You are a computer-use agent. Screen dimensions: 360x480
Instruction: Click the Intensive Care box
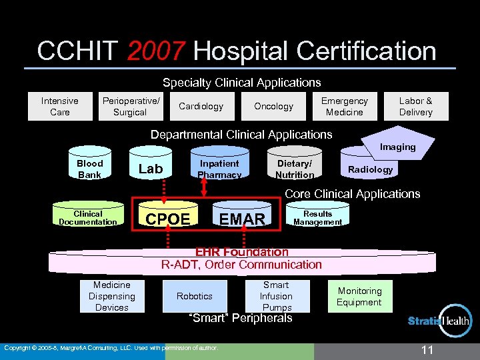coord(59,107)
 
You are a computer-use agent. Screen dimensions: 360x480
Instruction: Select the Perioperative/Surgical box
coord(131,107)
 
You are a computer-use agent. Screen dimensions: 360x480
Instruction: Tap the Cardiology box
coord(201,107)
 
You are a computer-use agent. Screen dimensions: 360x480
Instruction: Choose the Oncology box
coord(273,107)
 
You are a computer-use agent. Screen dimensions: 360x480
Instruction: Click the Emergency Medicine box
coord(344,107)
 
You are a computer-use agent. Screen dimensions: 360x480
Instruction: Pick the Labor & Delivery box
coord(415,107)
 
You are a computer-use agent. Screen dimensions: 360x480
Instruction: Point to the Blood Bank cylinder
coord(90,169)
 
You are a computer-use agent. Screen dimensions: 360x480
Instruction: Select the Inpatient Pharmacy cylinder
coord(219,169)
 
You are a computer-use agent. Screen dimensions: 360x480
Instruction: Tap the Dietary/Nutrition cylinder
coord(295,169)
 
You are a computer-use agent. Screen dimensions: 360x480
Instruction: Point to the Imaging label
coord(397,147)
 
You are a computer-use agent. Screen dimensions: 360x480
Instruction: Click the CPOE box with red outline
coord(168,219)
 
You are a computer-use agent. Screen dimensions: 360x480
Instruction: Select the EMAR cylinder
coord(242,219)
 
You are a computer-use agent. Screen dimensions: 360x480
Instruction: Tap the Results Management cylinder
coord(317,218)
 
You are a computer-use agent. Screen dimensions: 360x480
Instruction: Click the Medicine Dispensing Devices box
coord(111,296)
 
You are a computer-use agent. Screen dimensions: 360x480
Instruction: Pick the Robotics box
coord(195,296)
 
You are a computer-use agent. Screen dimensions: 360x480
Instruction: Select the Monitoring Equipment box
coord(359,297)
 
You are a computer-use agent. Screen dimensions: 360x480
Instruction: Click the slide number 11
coord(427,350)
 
